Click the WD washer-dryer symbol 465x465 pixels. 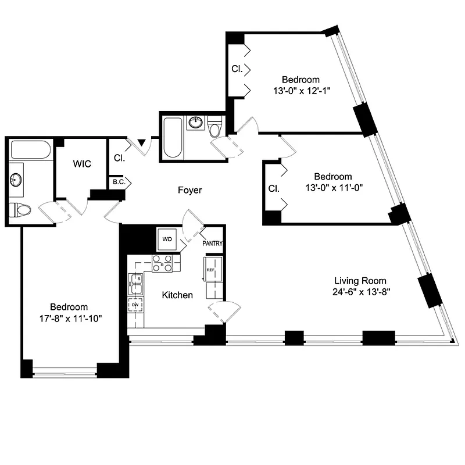(x=167, y=239)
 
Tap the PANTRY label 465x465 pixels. (x=213, y=244)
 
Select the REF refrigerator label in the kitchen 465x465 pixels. (x=209, y=269)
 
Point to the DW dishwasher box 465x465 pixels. (x=135, y=305)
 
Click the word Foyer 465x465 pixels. (x=189, y=190)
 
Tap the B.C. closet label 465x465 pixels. (x=118, y=182)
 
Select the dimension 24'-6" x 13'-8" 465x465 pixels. (x=360, y=292)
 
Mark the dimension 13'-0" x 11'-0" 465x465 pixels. (x=332, y=187)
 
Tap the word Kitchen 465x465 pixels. (x=177, y=295)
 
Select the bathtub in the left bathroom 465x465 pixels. (x=30, y=150)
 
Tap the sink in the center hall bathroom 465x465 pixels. (x=195, y=123)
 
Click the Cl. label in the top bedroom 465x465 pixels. (x=237, y=69)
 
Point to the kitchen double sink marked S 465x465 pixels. (x=137, y=283)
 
